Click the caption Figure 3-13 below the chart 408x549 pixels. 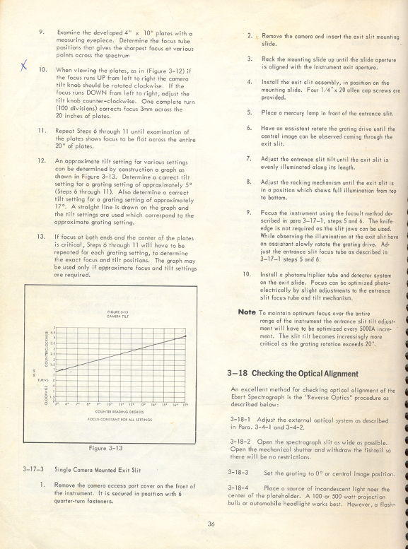(x=105, y=447)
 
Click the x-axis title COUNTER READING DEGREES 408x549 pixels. (x=117, y=411)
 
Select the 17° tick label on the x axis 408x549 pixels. (x=186, y=403)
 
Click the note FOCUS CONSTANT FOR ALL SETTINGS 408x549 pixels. (x=116, y=419)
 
